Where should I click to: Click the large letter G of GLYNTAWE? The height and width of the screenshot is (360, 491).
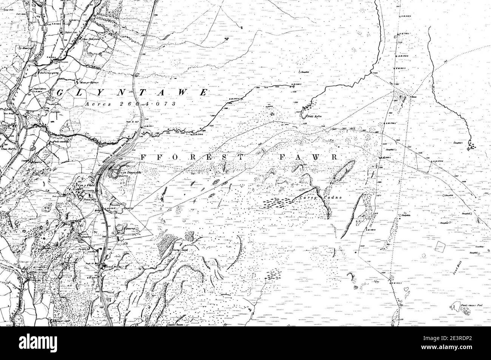60,93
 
